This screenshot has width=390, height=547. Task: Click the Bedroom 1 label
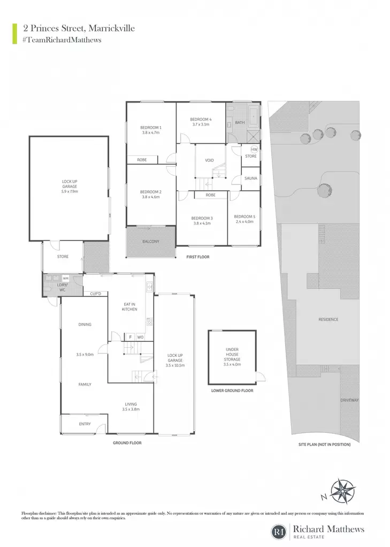pyautogui.click(x=151, y=128)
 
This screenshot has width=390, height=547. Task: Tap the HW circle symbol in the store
pyautogui.click(x=254, y=150)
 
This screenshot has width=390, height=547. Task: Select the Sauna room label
pyautogui.click(x=250, y=178)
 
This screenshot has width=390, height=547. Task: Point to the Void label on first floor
pyautogui.click(x=209, y=160)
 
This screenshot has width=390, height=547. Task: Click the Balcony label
pyautogui.click(x=151, y=241)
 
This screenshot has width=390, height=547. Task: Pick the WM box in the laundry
pyautogui.click(x=66, y=278)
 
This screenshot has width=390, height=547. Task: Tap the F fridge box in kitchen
pyautogui.click(x=131, y=337)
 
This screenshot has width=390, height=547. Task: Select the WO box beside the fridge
pyautogui.click(x=140, y=337)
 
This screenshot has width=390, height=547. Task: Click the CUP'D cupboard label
pyautogui.click(x=95, y=294)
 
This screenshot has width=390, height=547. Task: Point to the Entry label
pyautogui.click(x=85, y=424)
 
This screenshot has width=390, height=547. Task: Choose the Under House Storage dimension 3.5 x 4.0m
pyautogui.click(x=232, y=364)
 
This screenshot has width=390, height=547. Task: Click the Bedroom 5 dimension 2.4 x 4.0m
pyautogui.click(x=244, y=222)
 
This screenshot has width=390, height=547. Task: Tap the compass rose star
pyautogui.click(x=343, y=491)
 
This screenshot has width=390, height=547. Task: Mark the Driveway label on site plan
pyautogui.click(x=349, y=400)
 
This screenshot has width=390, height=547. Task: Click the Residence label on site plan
pyautogui.click(x=328, y=319)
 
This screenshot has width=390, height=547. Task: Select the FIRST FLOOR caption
pyautogui.click(x=198, y=257)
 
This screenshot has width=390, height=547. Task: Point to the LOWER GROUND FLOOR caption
pyautogui.click(x=232, y=390)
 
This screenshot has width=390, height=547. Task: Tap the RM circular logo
pyautogui.click(x=279, y=532)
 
